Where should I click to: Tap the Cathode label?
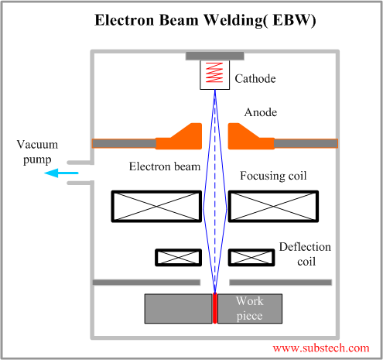coord(255,79)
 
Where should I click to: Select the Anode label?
coord(261,112)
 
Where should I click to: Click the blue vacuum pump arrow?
coord(60,173)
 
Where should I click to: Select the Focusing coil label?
coord(273,176)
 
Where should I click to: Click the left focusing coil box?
coord(156,207)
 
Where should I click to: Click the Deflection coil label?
coord(305,254)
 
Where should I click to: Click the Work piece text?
coord(249,308)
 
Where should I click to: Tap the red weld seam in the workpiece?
coord(215,308)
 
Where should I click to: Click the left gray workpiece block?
coord(178,308)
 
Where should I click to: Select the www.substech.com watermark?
coord(320,348)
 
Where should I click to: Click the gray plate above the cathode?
coord(215,56)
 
